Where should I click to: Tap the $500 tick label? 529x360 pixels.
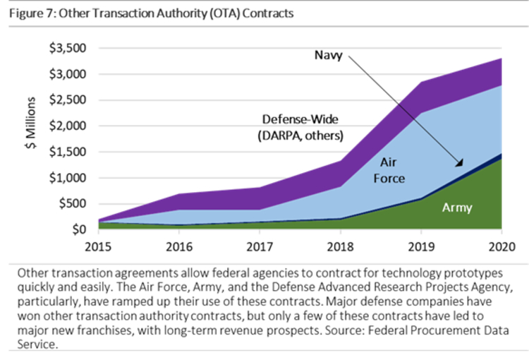(71, 204)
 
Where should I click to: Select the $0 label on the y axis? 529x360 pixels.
(78, 229)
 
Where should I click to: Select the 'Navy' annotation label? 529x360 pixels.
(328, 54)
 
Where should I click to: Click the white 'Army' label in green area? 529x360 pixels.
(457, 208)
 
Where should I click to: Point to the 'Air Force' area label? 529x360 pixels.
(389, 170)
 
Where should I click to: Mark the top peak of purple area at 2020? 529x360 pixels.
(501, 59)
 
